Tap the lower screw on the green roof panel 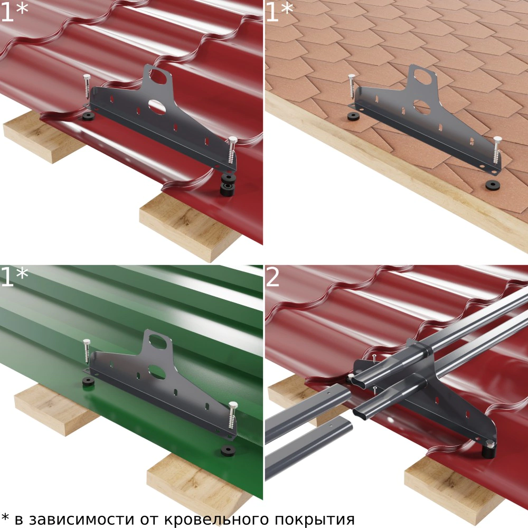click(x=232, y=415)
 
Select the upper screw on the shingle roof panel click(x=352, y=87)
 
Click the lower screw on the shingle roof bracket click(x=497, y=150)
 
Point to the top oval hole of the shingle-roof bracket click(x=423, y=77)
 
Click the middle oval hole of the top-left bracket click(x=157, y=107)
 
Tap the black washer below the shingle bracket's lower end click(x=493, y=184)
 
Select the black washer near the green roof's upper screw click(x=89, y=382)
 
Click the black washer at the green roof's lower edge click(x=228, y=449)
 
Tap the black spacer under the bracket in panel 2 click(x=488, y=450)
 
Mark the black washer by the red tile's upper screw click(x=89, y=117)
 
